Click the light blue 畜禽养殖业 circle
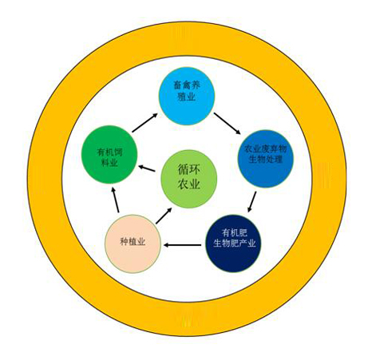[187, 96]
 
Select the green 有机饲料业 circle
[109, 155]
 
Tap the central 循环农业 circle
[189, 179]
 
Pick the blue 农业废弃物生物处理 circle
[266, 159]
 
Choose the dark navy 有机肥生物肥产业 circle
[234, 243]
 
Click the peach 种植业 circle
[133, 243]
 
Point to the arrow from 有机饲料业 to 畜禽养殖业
[145, 123]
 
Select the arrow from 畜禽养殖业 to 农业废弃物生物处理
[228, 123]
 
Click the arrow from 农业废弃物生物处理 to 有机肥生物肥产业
[252, 202]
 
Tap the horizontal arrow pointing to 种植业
[182, 245]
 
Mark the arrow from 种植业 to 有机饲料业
[115, 200]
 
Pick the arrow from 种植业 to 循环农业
[164, 216]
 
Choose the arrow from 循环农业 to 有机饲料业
[147, 168]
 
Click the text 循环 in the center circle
[189, 170]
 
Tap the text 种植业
[133, 242]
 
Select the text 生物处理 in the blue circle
[266, 160]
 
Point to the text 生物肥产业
[234, 243]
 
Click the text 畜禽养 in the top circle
[187, 85]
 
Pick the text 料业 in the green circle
[109, 162]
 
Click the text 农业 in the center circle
[189, 184]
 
